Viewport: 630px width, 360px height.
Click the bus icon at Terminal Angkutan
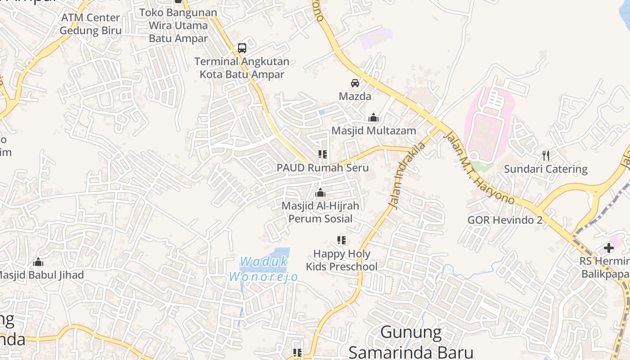(242, 48)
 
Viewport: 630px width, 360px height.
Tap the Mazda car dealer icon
(355, 83)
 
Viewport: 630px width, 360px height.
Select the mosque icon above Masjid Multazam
(373, 118)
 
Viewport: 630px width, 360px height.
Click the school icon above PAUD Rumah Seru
(322, 154)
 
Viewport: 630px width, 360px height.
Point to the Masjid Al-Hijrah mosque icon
(320, 193)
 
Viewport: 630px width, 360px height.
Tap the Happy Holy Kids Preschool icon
(342, 240)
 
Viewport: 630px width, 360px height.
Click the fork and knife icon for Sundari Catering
(546, 156)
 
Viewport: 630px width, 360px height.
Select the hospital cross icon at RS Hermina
(609, 248)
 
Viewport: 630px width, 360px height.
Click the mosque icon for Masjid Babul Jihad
(38, 261)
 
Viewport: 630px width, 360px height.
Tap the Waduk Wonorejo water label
(264, 269)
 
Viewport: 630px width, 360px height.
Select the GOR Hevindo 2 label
(504, 220)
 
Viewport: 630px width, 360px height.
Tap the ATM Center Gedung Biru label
(91, 24)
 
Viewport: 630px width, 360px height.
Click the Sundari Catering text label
(545, 169)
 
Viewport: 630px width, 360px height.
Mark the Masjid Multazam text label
(373, 130)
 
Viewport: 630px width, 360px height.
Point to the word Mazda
(355, 96)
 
